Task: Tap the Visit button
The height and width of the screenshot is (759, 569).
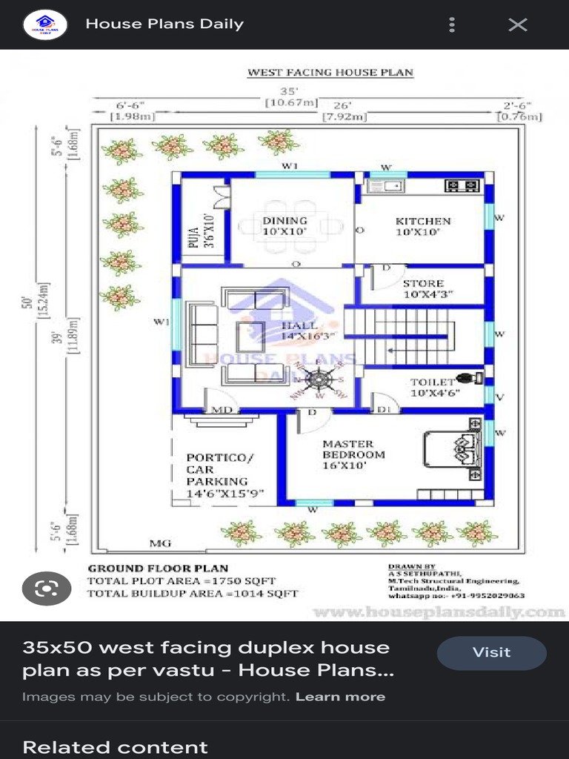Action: click(x=491, y=653)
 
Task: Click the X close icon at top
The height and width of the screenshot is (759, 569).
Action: click(x=517, y=24)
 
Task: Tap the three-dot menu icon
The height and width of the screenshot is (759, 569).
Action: click(x=452, y=24)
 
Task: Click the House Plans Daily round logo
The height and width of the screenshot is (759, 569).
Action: click(x=45, y=24)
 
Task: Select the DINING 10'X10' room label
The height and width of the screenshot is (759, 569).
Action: click(x=284, y=226)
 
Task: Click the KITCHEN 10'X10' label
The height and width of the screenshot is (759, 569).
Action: click(x=422, y=226)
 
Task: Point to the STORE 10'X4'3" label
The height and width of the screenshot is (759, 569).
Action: click(x=423, y=288)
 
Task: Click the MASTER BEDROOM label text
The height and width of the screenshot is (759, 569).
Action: click(x=353, y=454)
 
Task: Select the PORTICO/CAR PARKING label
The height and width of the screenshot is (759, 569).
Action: click(x=224, y=475)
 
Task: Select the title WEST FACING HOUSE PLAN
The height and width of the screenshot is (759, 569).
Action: click(x=330, y=73)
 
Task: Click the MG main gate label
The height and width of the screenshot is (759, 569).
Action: click(x=160, y=543)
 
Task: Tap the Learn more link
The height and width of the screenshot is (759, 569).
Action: click(x=340, y=697)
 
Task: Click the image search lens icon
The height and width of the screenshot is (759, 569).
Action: click(x=46, y=589)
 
